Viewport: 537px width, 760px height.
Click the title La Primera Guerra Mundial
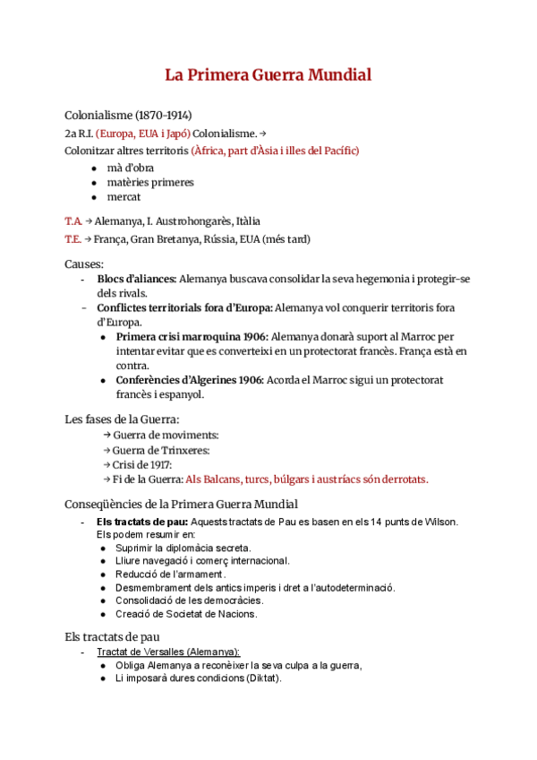[268, 75]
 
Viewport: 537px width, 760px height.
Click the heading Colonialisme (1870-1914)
[128, 116]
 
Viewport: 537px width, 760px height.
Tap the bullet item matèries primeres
[150, 182]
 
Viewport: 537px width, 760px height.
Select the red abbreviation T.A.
[73, 220]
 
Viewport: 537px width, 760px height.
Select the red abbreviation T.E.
[73, 239]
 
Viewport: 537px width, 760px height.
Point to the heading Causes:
[84, 264]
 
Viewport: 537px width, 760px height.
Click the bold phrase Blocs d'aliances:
[136, 280]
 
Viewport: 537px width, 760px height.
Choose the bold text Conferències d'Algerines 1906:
[189, 380]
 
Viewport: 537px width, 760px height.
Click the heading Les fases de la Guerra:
[122, 419]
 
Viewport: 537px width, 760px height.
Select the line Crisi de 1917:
[142, 464]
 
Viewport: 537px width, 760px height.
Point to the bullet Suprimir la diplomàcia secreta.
[183, 548]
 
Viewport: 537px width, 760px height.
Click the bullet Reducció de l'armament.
[170, 574]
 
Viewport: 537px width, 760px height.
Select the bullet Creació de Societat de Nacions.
[186, 614]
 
